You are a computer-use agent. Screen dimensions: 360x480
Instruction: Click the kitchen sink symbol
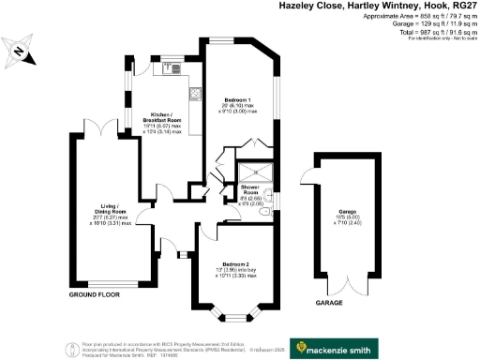pyautogui.click(x=172, y=67)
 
